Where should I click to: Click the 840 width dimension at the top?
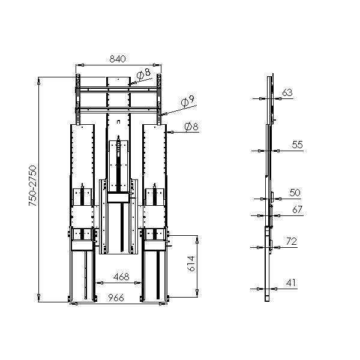(x=118, y=59)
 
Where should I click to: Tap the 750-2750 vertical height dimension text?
(x=32, y=185)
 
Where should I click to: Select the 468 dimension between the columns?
(x=121, y=277)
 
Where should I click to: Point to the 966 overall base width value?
(x=116, y=298)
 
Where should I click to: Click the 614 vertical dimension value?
(x=191, y=263)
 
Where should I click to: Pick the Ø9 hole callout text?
(x=188, y=101)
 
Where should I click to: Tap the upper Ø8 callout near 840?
(x=143, y=73)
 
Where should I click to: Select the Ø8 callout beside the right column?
(x=191, y=127)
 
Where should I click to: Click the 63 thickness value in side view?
(x=287, y=92)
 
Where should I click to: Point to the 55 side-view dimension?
(x=298, y=145)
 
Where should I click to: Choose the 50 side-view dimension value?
(x=295, y=193)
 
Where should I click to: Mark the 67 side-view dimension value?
(x=298, y=209)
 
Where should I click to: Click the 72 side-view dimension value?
(x=292, y=241)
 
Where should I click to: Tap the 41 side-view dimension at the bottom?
(x=291, y=283)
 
